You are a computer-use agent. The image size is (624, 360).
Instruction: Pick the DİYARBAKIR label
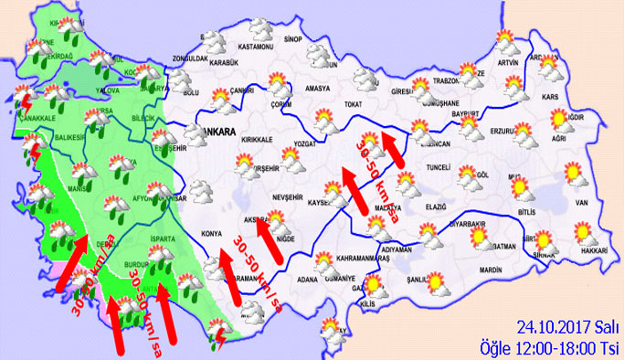(473, 222)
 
